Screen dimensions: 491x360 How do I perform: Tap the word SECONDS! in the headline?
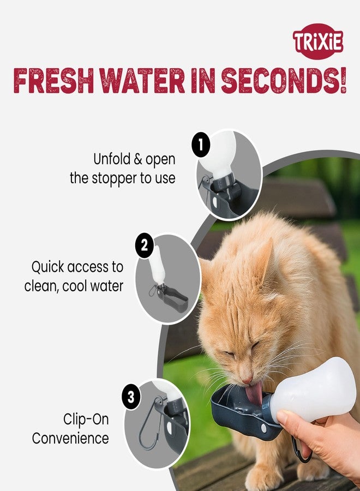point(284,82)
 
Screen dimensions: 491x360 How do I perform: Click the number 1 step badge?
point(201,145)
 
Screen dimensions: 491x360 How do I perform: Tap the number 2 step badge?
point(143,246)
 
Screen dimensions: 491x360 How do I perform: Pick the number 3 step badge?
point(131,397)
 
